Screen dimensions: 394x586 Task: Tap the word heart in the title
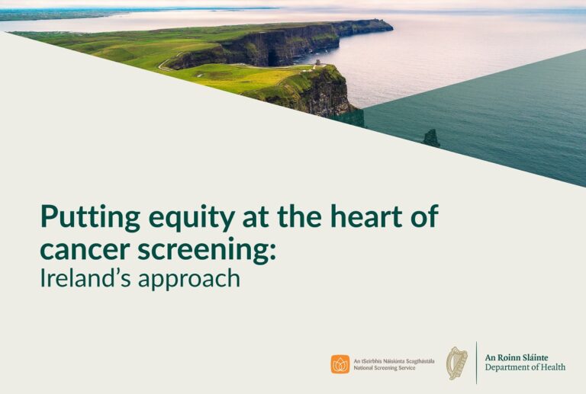(364, 216)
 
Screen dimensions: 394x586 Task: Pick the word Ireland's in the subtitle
(84, 278)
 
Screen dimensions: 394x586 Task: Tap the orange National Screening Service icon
(340, 364)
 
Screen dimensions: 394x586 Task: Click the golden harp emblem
(456, 364)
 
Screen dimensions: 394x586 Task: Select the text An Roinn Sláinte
(516, 357)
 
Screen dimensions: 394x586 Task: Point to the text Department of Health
(525, 368)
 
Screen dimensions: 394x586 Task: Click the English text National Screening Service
(385, 369)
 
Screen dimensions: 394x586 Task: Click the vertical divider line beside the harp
(476, 363)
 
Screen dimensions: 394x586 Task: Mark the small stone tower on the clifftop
(317, 63)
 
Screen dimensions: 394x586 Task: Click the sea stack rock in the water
(431, 138)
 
